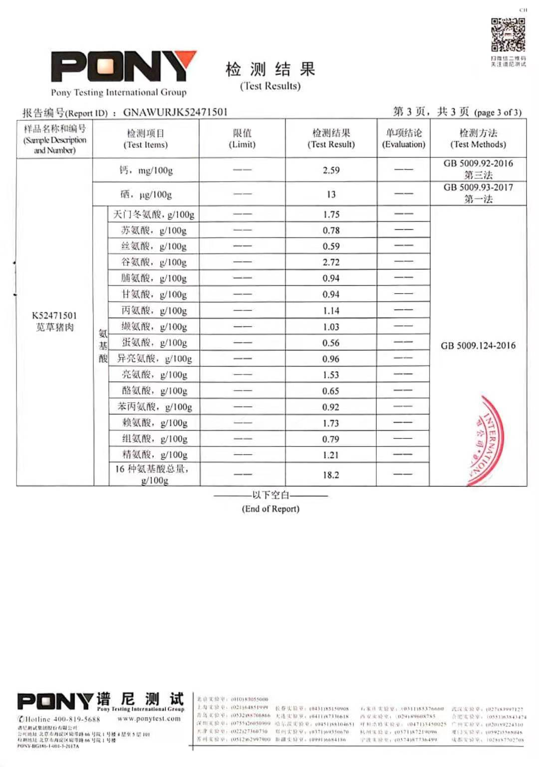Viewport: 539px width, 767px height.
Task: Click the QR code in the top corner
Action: coord(508,35)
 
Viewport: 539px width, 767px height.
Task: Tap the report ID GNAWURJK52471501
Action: coord(175,112)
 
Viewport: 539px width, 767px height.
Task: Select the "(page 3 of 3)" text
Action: coord(498,112)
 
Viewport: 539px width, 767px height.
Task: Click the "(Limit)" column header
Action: coord(242,144)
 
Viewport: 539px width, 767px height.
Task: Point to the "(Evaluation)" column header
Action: coord(403,144)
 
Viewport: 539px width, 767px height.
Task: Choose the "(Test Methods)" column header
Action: coord(478,144)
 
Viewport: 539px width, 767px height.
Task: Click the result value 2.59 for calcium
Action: coord(331,170)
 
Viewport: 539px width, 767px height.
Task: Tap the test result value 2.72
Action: coord(331,262)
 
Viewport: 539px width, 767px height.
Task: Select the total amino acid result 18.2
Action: coord(331,475)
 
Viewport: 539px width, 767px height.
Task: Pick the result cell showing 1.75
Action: coord(331,214)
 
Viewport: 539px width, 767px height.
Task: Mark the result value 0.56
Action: coord(331,343)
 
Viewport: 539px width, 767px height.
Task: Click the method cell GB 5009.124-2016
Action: coord(478,346)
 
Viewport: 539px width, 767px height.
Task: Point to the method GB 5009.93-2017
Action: coord(478,187)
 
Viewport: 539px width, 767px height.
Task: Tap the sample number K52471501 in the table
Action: coord(54,316)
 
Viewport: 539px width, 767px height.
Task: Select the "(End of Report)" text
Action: coord(270,509)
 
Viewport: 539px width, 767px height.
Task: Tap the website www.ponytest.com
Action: coord(149,719)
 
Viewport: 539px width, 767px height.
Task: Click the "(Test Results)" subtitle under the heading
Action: coord(270,86)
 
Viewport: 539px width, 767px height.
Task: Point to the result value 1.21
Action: coord(331,455)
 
